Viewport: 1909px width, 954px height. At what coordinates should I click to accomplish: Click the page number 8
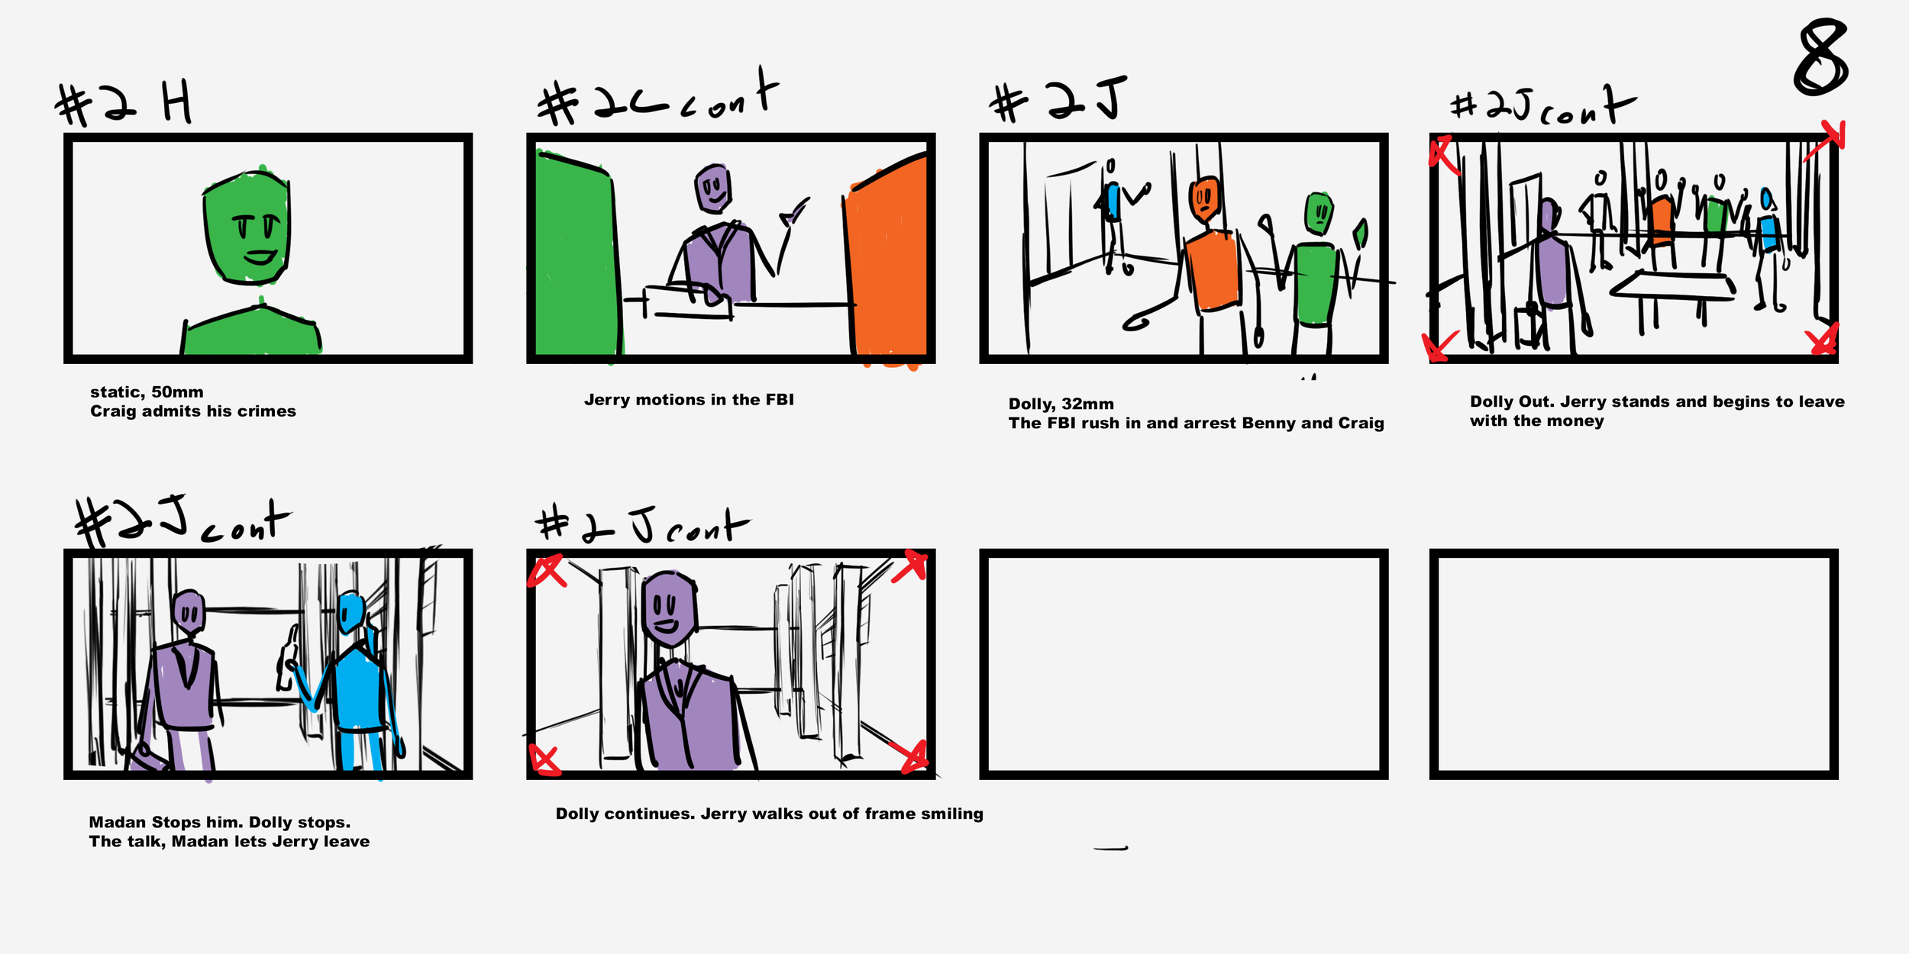tap(1821, 57)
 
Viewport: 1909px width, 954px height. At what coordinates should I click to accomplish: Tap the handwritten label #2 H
tap(124, 105)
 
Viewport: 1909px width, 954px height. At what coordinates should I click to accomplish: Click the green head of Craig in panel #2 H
tap(247, 226)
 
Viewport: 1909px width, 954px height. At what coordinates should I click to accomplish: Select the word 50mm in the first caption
tap(177, 392)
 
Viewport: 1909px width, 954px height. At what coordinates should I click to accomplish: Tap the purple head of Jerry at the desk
tap(713, 188)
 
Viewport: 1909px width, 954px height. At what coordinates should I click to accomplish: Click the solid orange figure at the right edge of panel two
tap(887, 259)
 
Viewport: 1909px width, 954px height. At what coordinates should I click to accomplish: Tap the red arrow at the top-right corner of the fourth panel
tap(1826, 140)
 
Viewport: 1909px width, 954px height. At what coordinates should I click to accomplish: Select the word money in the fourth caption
tap(1578, 421)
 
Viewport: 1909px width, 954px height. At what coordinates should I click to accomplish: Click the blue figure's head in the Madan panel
tap(350, 612)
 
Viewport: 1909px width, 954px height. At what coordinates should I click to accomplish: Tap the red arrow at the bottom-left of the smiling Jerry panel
tap(545, 760)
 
